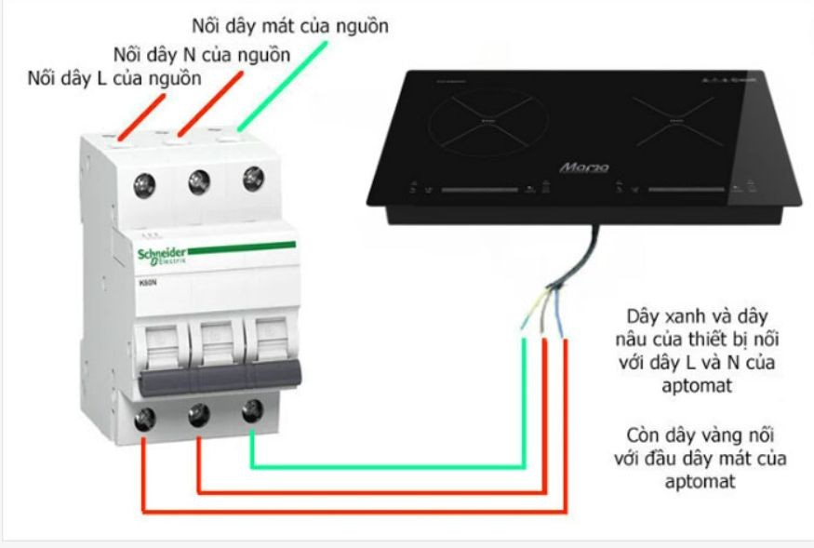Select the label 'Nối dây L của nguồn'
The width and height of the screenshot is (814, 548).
[x=114, y=78]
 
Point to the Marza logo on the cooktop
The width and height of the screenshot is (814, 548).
[x=584, y=167]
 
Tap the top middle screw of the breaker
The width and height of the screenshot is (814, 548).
[x=199, y=182]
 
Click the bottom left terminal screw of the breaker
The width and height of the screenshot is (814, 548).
[x=144, y=421]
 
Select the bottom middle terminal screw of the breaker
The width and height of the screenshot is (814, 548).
[x=198, y=416]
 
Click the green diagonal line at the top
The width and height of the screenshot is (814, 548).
[x=284, y=84]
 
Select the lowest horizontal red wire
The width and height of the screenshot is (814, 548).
[x=354, y=511]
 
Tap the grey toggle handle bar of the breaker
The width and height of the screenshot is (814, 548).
[x=223, y=372]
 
